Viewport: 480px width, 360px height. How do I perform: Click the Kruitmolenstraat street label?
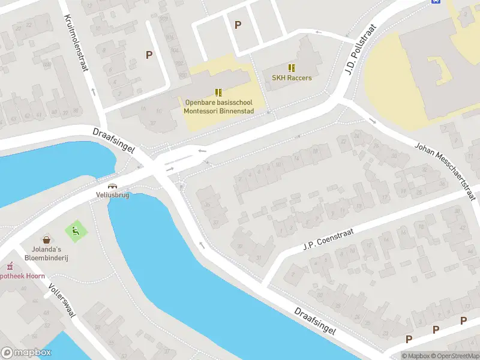click(x=76, y=43)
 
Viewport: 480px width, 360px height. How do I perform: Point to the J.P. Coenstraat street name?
click(x=329, y=238)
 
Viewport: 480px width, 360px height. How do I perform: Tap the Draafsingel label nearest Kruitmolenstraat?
click(x=113, y=140)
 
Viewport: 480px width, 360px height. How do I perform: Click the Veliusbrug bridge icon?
click(x=112, y=185)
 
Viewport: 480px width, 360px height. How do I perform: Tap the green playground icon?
click(x=75, y=230)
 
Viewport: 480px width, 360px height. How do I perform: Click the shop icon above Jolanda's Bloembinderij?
click(x=46, y=239)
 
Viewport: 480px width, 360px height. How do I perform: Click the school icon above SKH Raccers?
click(x=292, y=68)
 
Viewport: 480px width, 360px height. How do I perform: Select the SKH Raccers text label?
click(x=292, y=78)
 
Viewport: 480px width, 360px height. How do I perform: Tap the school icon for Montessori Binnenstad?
click(x=218, y=92)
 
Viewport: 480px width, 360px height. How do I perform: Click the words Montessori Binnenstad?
click(x=218, y=111)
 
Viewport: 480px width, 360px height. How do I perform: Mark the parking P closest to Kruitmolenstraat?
click(x=149, y=55)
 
